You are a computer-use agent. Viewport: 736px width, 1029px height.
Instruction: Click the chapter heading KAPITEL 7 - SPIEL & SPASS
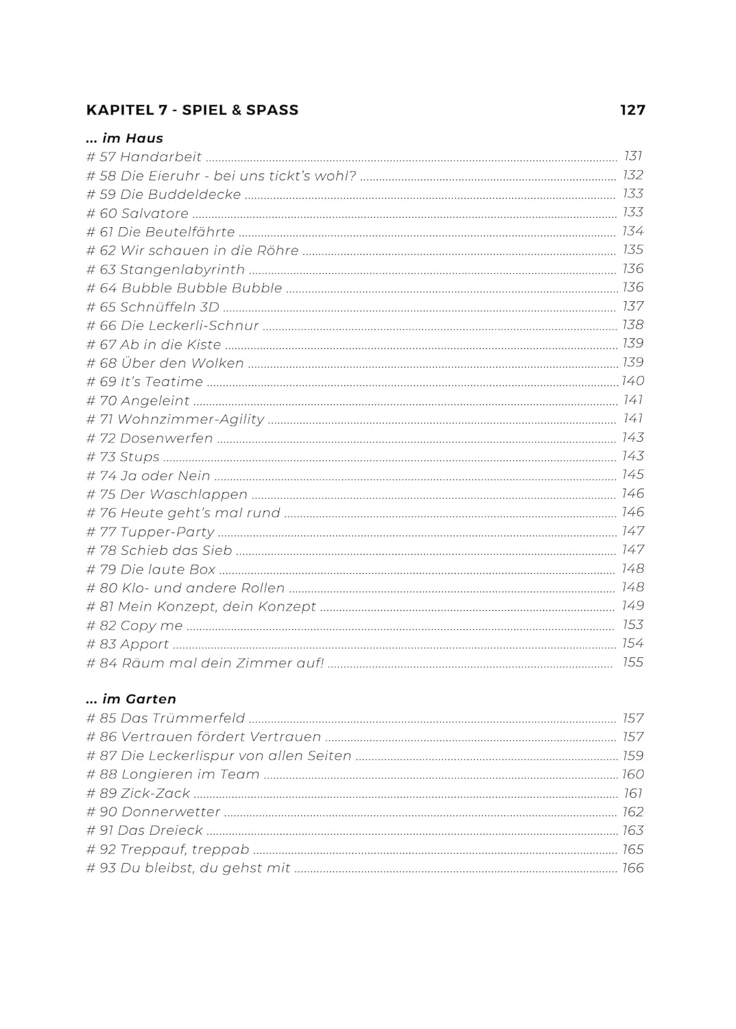coord(192,110)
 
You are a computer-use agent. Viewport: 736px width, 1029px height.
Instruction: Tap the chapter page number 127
coord(632,110)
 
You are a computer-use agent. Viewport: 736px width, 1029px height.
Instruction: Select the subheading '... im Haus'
coord(124,138)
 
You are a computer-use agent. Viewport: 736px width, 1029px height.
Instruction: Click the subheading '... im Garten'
coord(131,699)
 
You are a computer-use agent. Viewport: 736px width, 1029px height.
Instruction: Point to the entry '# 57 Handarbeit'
coord(144,157)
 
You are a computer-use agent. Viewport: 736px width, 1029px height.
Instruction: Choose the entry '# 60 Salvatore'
coord(137,213)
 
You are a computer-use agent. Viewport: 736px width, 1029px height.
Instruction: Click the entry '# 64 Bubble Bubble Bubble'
coord(184,288)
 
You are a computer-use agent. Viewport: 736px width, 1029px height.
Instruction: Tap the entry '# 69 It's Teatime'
coord(145,382)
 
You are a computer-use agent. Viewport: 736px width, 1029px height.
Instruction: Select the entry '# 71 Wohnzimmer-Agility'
coord(175,419)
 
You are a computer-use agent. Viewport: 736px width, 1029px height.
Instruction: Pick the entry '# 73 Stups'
coord(123,457)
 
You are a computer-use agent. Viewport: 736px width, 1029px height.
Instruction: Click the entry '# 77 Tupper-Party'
coord(150,532)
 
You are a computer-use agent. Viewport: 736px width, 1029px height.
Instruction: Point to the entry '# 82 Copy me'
coord(134,626)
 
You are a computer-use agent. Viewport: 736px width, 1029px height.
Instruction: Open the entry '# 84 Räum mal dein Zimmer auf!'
coord(204,663)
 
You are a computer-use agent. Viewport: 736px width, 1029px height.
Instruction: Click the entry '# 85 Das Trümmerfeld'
coord(165,718)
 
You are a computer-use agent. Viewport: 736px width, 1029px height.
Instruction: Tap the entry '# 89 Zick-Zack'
coord(138,794)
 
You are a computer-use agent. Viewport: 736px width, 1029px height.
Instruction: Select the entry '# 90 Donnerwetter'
coord(153,812)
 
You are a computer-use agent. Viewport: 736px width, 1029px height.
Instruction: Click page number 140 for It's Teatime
coord(632,381)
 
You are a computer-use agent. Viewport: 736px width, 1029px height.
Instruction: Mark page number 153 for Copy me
coord(632,625)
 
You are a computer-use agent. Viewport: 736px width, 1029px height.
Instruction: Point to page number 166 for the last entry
coord(632,868)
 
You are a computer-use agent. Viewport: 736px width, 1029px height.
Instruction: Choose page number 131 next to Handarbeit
coord(632,156)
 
